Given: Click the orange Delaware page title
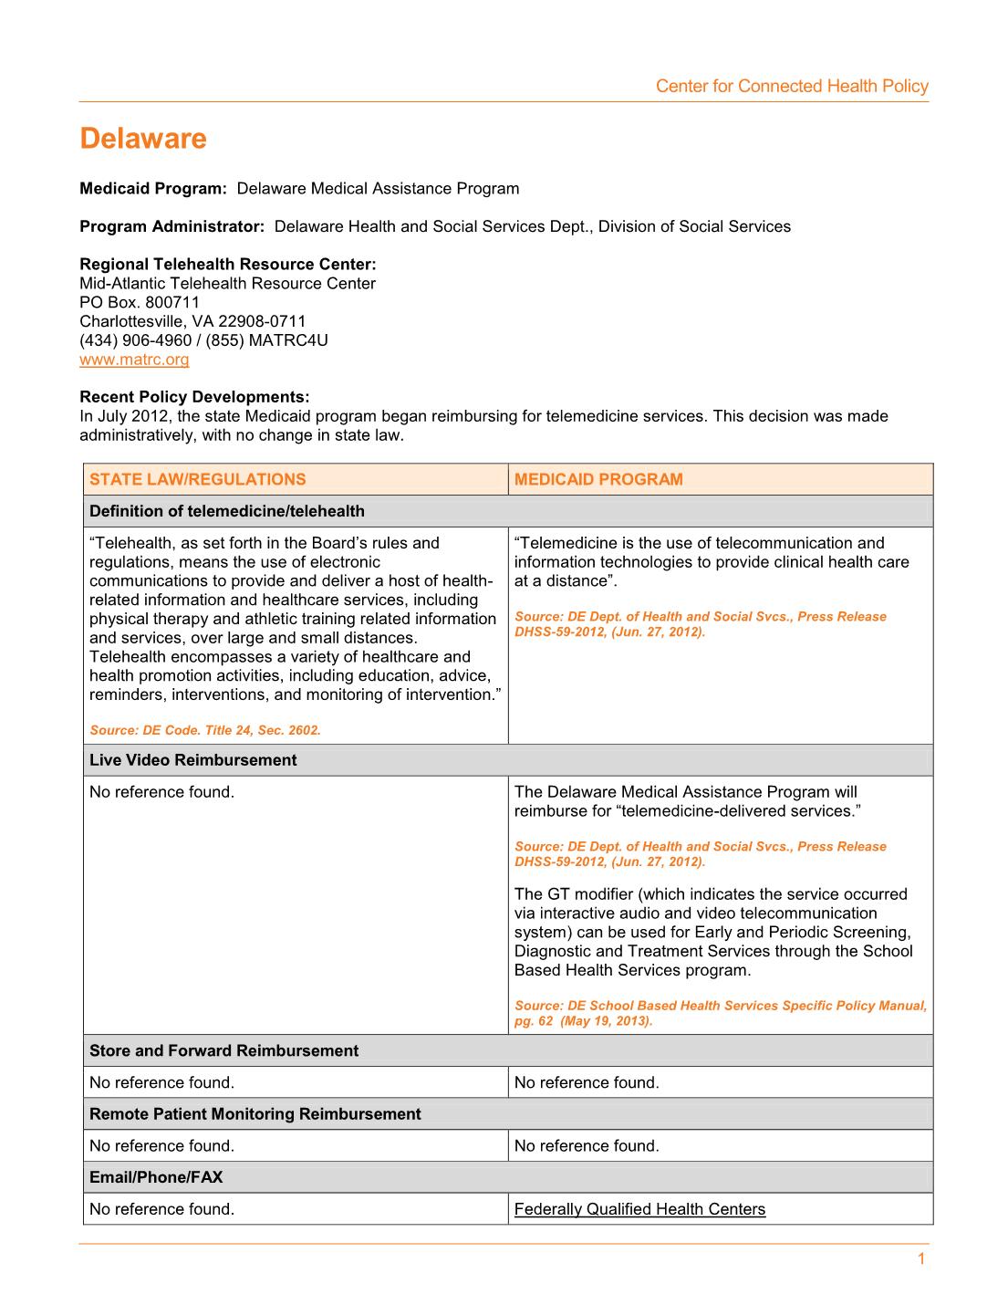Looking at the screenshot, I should pos(143,139).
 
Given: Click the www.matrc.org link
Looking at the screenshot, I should pos(134,360).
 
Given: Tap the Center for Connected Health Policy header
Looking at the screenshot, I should pos(791,87).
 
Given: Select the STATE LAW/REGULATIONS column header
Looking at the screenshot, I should pos(198,480).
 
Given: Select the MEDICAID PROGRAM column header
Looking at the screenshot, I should pos(598,480).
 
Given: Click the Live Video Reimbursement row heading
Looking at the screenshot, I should pos(192,760).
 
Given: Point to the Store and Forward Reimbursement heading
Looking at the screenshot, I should pos(223,1050).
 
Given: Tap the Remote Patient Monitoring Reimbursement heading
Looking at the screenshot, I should pos(255,1114).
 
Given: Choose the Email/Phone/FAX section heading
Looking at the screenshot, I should pos(156,1177).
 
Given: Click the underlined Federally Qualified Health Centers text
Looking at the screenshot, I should pos(639,1209).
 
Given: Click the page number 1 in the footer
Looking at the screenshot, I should pos(920,1259).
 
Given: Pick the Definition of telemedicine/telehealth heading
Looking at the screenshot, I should pos(226,511).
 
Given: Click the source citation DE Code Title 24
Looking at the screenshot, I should pos(205,730).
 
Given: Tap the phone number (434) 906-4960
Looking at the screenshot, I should pos(136,340).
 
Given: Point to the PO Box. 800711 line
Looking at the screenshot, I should pos(140,302).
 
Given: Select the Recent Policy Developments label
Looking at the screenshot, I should pos(194,397).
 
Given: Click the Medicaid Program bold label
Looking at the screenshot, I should pos(152,189).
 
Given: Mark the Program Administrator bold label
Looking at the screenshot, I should pos(171,226).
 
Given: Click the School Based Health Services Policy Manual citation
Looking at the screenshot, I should pos(720,1013).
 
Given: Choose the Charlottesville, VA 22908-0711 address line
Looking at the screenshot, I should pos(192,321).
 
